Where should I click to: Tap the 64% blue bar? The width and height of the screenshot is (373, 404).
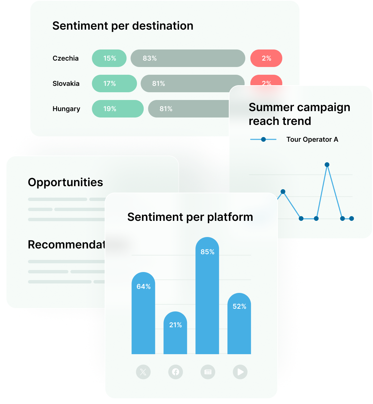coord(143,313)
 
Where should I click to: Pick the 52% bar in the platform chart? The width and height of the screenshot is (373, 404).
coord(239,323)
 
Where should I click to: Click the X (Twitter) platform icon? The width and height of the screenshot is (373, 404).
coord(143,372)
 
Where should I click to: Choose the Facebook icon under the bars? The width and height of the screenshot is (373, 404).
coord(176,372)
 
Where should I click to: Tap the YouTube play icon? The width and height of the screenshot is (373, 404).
coord(240,372)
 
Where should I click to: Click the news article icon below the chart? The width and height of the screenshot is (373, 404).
coord(208,372)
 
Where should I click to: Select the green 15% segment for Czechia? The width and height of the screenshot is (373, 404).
coord(109,58)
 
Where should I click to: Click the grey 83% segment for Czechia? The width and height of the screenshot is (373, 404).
coord(188,58)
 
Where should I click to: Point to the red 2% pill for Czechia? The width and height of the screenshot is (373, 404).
coord(266,58)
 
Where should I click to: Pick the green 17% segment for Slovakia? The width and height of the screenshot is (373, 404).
coord(114,83)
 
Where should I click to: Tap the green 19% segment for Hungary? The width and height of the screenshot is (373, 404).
coord(118,109)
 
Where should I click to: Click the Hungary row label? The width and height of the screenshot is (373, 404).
coord(66,109)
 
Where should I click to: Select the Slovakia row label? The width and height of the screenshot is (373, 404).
coord(66,83)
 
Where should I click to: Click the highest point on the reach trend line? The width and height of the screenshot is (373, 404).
coord(327,165)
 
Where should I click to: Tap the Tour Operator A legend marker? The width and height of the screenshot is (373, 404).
coord(263,139)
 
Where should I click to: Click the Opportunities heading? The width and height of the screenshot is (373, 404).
coord(65,182)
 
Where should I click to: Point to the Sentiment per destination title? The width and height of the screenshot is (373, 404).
coord(123,26)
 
